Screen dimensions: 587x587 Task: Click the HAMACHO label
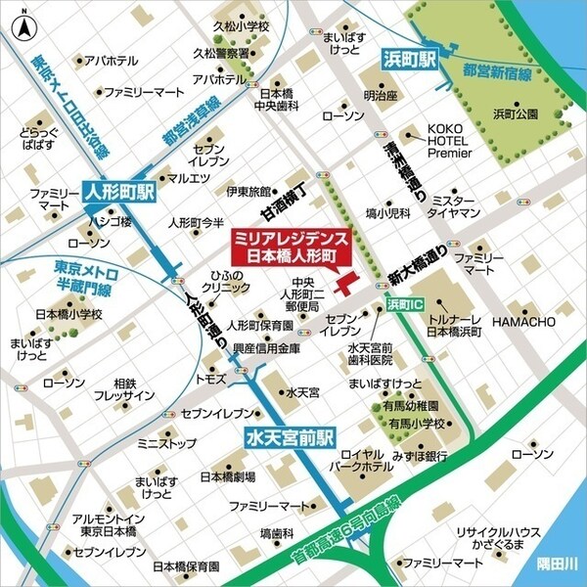[x=522, y=322]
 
